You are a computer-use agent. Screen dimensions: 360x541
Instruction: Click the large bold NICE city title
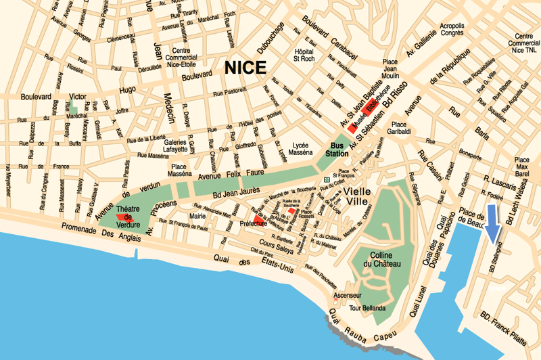click(x=245, y=68)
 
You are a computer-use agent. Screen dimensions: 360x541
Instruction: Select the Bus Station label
click(x=337, y=150)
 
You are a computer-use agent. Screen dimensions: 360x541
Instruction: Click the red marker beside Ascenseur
click(x=335, y=296)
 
